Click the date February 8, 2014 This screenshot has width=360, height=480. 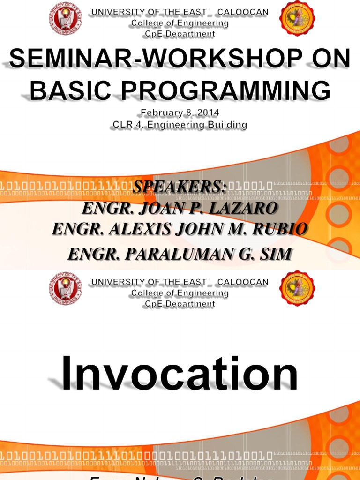pyautogui.click(x=180, y=113)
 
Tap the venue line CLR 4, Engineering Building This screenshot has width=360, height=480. pyautogui.click(x=180, y=125)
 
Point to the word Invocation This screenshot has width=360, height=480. pyautogui.click(x=180, y=374)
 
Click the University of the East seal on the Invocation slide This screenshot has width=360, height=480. pyautogui.click(x=65, y=289)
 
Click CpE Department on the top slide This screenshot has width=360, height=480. pyautogui.click(x=180, y=34)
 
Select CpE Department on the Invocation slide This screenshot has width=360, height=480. pyautogui.click(x=180, y=304)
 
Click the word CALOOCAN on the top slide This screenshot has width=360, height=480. pyautogui.click(x=243, y=12)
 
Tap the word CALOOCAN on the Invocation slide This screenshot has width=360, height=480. pyautogui.click(x=243, y=282)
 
